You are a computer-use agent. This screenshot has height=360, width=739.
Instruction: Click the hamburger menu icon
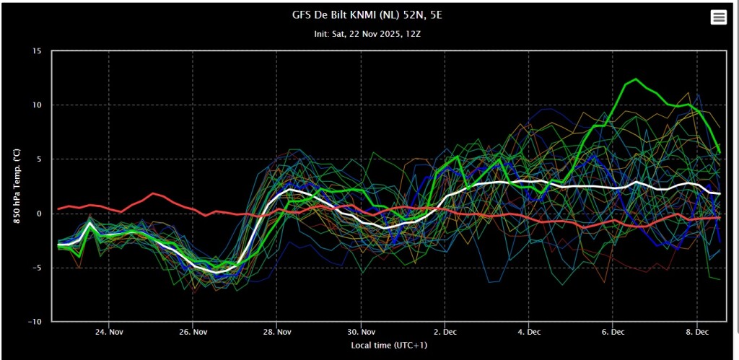pos(718,18)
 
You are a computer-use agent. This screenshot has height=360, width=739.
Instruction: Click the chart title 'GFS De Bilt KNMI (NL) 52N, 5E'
pos(367,16)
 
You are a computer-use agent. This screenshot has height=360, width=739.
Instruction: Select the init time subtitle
pos(367,35)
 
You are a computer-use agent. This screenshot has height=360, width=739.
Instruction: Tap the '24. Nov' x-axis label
pos(109,332)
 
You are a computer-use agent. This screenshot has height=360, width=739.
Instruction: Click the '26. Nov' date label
pos(193,332)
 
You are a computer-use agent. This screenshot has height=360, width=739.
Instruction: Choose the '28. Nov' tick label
pos(276,332)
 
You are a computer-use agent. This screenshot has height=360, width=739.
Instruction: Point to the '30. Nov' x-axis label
pos(361,332)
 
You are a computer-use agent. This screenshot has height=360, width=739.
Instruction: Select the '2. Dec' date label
pos(445,332)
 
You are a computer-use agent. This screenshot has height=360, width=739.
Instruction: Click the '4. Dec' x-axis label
pos(529,332)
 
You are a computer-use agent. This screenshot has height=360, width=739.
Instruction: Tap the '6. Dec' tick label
pos(613,332)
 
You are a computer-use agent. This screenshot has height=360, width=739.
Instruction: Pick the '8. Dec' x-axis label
pos(696,332)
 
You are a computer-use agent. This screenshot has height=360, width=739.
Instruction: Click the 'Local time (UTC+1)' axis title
pos(389,346)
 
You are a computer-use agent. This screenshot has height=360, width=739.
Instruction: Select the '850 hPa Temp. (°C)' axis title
pos(16,186)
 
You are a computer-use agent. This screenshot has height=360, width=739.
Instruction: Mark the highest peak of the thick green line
pos(636,79)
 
